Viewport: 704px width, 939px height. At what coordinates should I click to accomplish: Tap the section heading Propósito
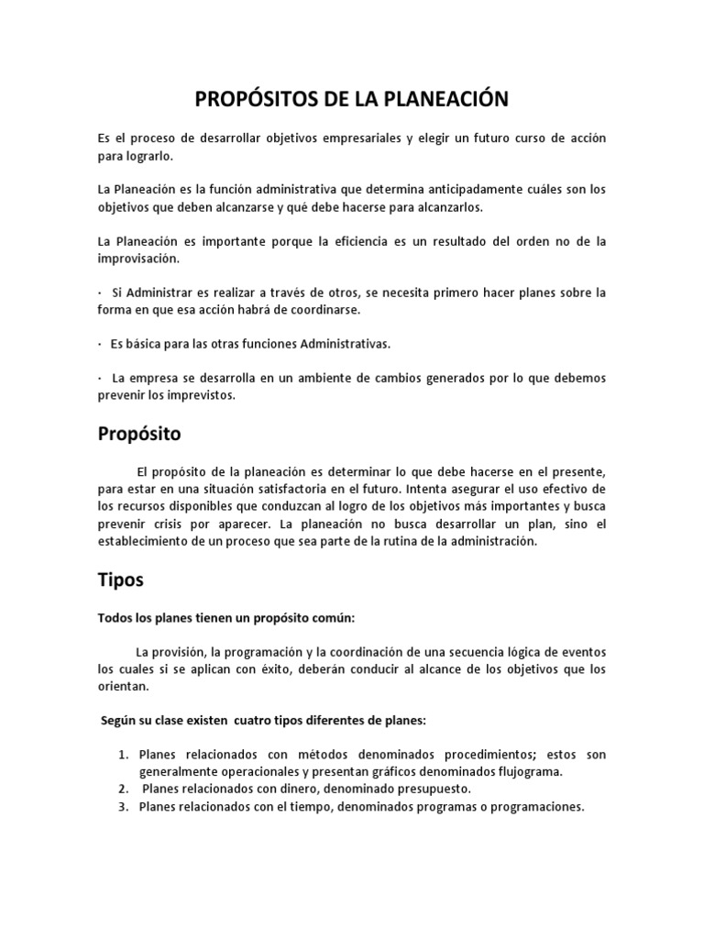(139, 435)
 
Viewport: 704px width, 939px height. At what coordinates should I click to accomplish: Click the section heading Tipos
(120, 580)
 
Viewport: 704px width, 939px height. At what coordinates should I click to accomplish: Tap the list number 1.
(122, 754)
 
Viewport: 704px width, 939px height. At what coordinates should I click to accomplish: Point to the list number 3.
(122, 807)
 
